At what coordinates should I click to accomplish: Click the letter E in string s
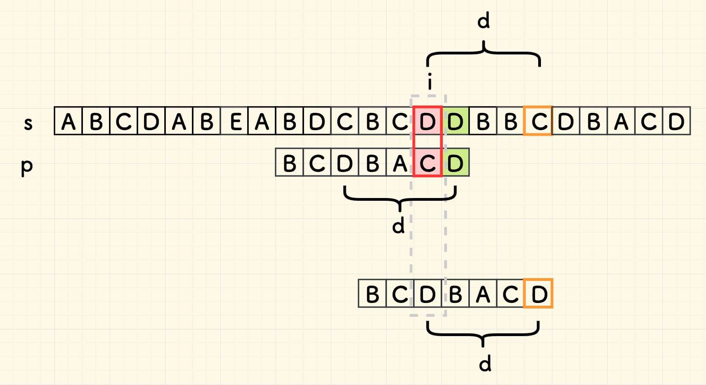point(235,121)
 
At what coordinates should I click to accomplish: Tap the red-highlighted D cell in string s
point(427,121)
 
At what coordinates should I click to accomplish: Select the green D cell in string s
point(455,121)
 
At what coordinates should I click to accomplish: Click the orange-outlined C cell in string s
point(538,121)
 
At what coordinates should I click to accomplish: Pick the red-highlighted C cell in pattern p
point(427,163)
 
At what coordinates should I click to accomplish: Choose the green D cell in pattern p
point(455,163)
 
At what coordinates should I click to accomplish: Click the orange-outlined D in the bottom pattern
point(539,294)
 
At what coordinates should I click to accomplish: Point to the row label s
point(28,123)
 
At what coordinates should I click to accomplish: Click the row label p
point(27,166)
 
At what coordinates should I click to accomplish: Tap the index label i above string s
point(430,82)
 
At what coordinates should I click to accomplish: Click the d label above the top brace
point(483,21)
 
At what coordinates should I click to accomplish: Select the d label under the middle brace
point(398,226)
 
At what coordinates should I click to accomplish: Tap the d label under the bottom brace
point(485,363)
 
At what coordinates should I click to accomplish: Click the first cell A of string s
point(68,121)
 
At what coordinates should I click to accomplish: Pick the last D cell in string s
point(676,121)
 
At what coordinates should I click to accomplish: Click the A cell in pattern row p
point(400,163)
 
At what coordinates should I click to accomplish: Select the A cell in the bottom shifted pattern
point(483,294)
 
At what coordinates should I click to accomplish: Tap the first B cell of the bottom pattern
point(372,294)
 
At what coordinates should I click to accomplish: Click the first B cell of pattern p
point(289,163)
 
